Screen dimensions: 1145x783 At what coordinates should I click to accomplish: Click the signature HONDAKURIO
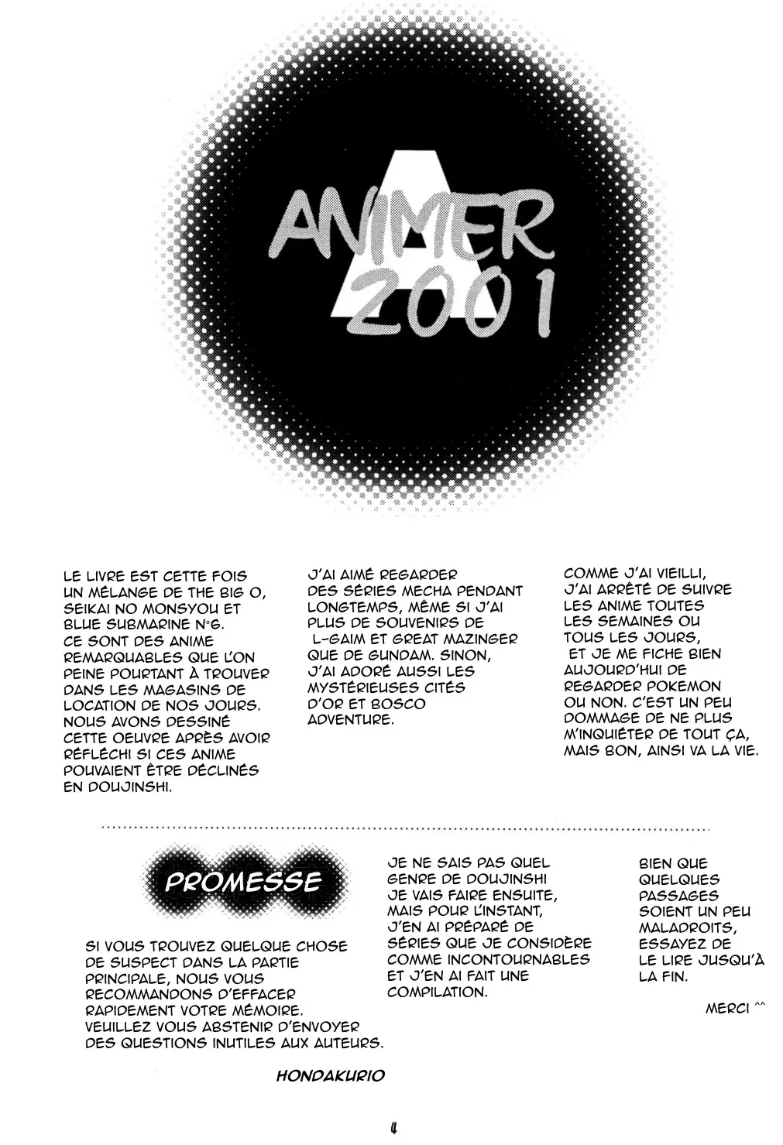331,1077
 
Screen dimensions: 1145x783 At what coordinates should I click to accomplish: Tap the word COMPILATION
438,992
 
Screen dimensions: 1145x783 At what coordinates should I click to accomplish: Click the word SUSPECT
136,962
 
